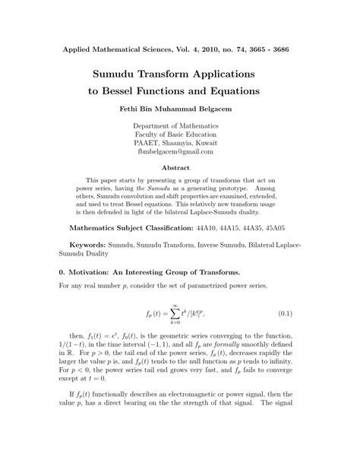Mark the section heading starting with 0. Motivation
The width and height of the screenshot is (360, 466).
[149, 271]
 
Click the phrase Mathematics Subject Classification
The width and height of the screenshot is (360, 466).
[137, 227]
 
